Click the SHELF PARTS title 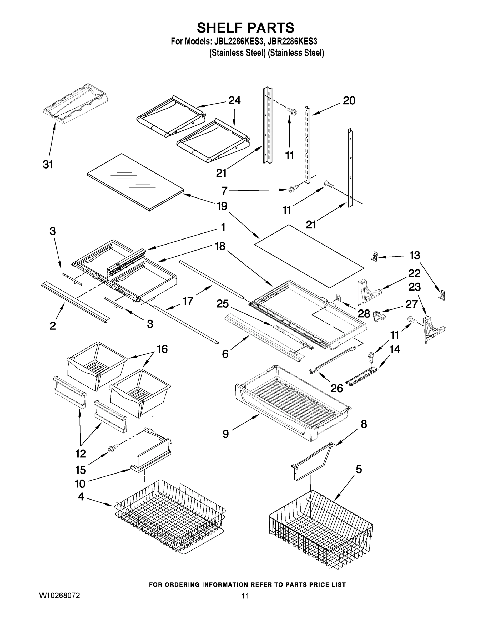pos(245,28)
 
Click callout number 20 pos(349,101)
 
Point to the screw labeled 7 pos(291,190)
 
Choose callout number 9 pos(225,434)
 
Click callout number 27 pos(411,304)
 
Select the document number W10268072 pos(59,596)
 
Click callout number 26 pos(337,389)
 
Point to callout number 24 pos(234,101)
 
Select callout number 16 pos(162,349)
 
